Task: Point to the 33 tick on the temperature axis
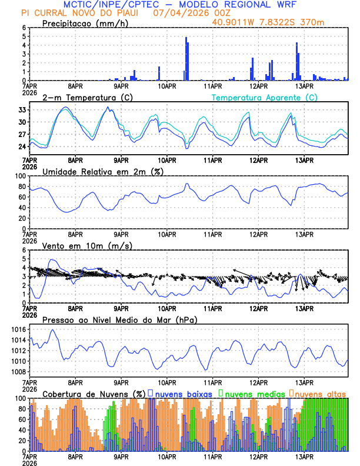pyautogui.click(x=22, y=110)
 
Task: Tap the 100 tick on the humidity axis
pyautogui.click(x=21, y=176)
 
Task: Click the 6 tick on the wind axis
pyautogui.click(x=24, y=250)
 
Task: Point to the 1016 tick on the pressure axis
pyautogui.click(x=18, y=329)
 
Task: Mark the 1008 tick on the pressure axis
pyautogui.click(x=18, y=372)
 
